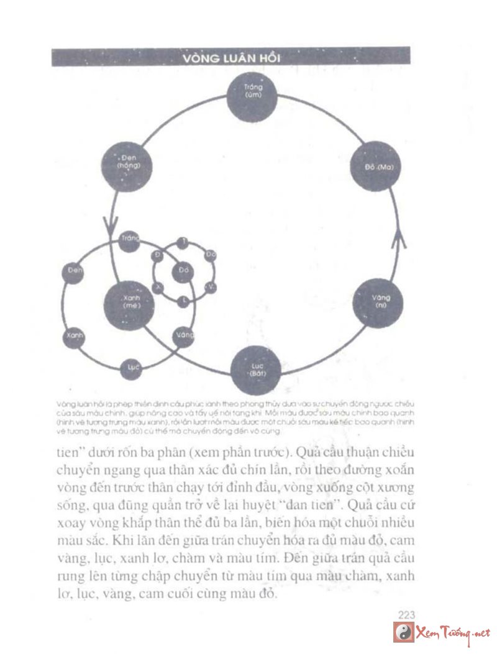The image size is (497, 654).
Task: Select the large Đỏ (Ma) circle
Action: [373, 166]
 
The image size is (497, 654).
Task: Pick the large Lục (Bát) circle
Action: [256, 371]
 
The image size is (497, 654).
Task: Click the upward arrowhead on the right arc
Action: [399, 238]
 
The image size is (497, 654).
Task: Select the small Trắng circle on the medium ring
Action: [129, 240]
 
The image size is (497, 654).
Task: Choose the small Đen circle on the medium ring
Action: [75, 271]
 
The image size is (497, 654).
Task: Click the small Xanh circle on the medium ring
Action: [74, 336]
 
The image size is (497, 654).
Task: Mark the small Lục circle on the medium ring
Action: [132, 368]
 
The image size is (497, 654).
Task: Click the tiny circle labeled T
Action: [183, 241]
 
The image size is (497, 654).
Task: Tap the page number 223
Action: [406, 614]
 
